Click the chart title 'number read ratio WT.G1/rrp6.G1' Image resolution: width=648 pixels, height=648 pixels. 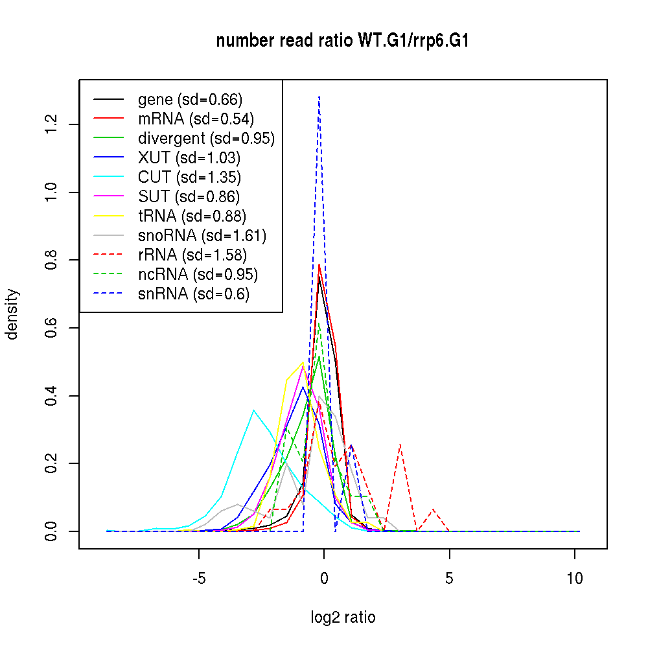click(x=342, y=41)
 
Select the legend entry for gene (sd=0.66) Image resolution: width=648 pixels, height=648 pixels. click(x=190, y=100)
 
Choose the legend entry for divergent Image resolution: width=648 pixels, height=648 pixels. click(x=206, y=139)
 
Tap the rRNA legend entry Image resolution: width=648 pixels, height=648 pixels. click(x=192, y=255)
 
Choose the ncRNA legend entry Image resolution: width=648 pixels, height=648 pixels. click(x=198, y=275)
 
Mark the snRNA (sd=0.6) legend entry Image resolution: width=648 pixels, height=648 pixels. click(x=194, y=294)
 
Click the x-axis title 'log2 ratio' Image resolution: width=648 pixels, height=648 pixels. click(x=343, y=618)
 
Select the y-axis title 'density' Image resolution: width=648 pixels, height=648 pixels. click(x=12, y=314)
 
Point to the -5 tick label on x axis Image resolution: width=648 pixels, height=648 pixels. click(x=198, y=579)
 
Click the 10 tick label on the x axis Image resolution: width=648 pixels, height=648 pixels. click(x=575, y=579)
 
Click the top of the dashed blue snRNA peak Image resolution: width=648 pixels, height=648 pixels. click(x=319, y=97)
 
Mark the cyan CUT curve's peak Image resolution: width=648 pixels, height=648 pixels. click(x=254, y=410)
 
